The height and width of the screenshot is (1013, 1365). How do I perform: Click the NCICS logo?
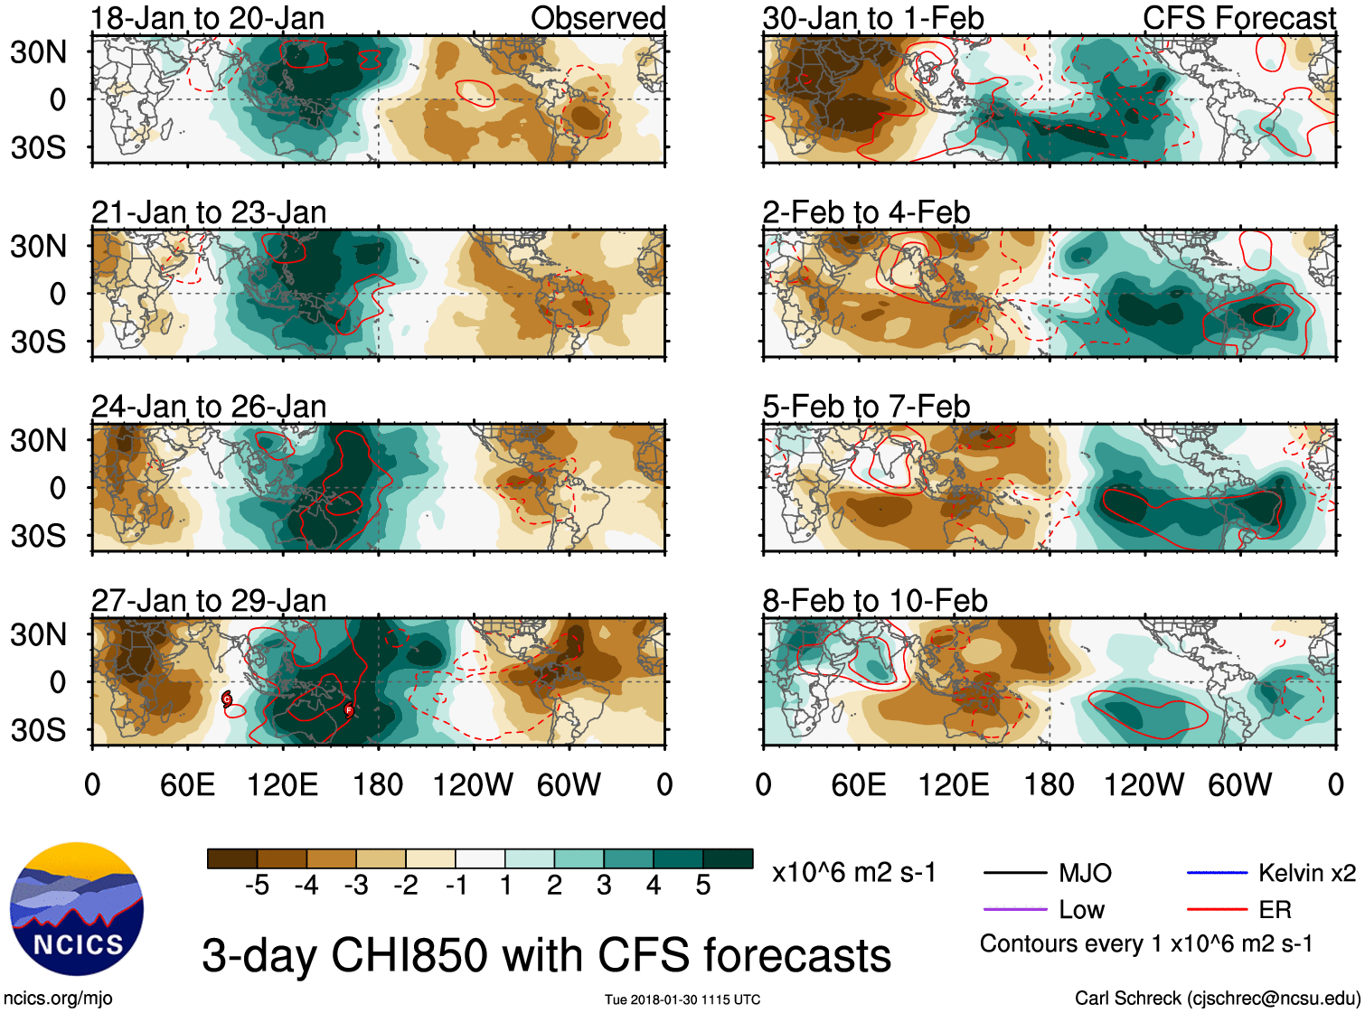77,909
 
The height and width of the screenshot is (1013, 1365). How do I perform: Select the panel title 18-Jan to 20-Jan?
208,18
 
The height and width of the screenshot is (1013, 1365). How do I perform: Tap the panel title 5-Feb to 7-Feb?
866,407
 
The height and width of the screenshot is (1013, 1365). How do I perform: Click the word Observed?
598,18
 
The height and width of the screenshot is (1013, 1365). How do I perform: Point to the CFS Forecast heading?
1238,18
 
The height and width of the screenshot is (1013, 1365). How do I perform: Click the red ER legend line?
1217,909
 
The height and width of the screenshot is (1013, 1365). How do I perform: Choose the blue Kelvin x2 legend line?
1217,872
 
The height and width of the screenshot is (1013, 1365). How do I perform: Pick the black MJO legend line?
1014,872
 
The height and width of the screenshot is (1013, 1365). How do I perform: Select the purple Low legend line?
1014,909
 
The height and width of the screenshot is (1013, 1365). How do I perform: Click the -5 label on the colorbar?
257,886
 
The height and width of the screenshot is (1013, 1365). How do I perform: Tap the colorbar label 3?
604,886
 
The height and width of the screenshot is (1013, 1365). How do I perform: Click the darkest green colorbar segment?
728,858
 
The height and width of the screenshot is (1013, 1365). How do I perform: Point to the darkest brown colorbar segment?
232,858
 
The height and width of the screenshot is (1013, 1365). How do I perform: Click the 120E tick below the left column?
283,784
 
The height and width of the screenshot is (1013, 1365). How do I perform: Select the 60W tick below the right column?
1239,784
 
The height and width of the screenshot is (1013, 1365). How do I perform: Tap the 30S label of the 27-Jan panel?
38,730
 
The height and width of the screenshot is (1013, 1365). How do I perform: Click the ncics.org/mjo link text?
58,998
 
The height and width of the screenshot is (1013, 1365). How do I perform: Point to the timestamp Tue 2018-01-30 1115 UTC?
682,999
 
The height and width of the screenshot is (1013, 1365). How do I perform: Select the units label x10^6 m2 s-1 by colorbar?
853,873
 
